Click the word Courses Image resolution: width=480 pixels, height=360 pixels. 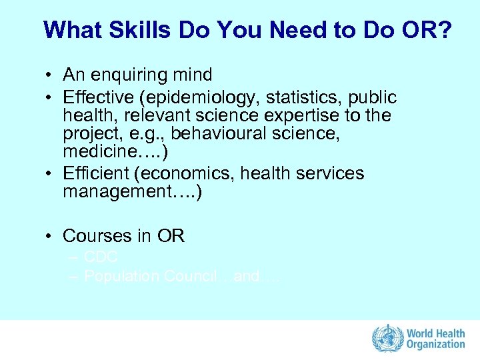(x=97, y=236)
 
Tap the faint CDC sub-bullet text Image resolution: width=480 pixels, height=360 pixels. (x=101, y=257)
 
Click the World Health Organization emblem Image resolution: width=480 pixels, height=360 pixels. (x=386, y=339)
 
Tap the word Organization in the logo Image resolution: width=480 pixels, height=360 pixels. (x=436, y=345)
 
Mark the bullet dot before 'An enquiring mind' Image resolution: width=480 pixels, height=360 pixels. (x=50, y=75)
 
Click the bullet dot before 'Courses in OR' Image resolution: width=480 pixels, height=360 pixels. (x=50, y=237)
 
